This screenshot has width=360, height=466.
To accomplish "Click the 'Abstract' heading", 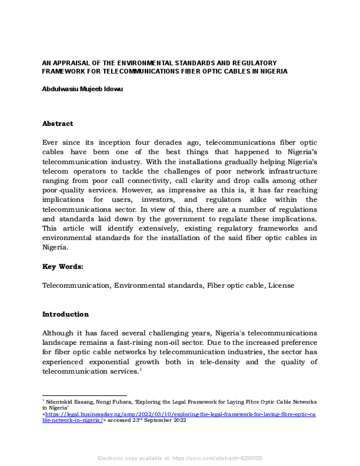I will click(x=58, y=124).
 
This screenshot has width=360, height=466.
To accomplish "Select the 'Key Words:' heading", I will click(x=63, y=267).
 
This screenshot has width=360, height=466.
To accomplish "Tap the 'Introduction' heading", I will click(x=65, y=314).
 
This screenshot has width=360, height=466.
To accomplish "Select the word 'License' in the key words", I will click(x=281, y=285).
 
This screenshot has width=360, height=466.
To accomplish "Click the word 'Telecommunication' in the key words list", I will click(x=76, y=285).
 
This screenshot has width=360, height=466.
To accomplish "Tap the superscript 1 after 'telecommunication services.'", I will click(x=141, y=369).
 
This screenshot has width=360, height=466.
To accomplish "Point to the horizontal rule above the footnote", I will click(x=84, y=395).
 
